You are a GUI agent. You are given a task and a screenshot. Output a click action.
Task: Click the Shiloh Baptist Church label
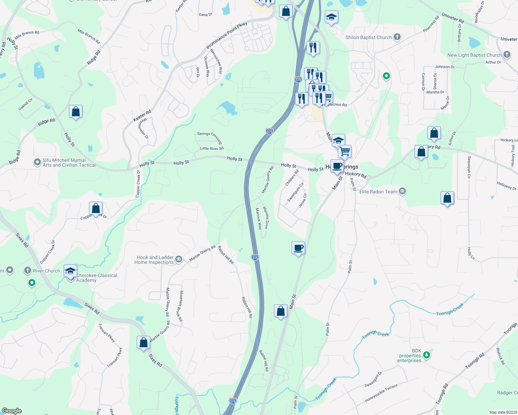(x=368, y=37)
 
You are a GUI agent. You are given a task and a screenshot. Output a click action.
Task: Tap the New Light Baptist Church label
(x=474, y=55)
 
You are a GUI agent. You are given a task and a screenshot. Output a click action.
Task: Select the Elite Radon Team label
(x=378, y=192)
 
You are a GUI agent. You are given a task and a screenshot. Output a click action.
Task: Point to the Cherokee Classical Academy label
(x=97, y=278)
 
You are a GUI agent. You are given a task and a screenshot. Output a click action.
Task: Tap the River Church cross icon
(x=28, y=270)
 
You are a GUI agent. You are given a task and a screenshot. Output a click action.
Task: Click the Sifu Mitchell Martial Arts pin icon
(x=37, y=162)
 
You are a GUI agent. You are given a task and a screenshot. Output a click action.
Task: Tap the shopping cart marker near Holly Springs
(x=345, y=151)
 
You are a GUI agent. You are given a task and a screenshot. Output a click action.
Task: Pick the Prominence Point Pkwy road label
(x=227, y=35)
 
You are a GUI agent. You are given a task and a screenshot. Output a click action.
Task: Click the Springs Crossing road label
(x=209, y=137)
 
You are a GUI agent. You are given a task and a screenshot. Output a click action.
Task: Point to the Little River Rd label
(x=212, y=148)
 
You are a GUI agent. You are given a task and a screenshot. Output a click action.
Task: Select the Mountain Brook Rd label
(x=181, y=306)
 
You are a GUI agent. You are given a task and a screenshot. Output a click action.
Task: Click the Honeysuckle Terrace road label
(x=381, y=393)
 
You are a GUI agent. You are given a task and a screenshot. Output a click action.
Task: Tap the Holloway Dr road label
(x=506, y=186)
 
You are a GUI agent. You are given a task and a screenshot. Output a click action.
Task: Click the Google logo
(x=11, y=411)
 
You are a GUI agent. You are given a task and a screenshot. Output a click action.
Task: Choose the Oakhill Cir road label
(x=26, y=104)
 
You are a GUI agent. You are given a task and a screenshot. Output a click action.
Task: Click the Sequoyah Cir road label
(x=469, y=167)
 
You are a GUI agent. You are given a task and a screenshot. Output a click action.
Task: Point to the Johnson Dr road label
(x=445, y=67)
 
